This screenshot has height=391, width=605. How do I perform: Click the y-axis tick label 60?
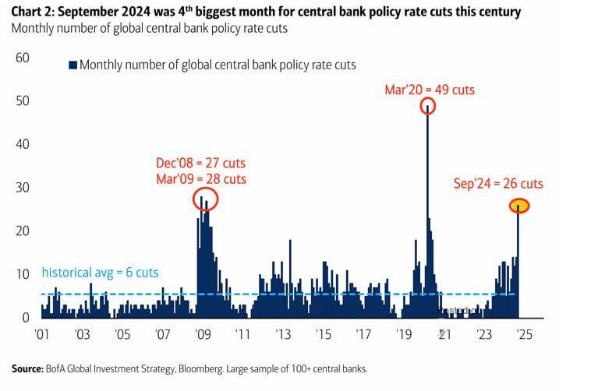pos(23,58)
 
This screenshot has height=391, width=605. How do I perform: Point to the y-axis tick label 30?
pos(23,188)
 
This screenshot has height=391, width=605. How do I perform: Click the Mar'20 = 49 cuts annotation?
pos(430,90)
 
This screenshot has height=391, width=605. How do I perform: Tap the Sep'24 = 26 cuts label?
pos(498,184)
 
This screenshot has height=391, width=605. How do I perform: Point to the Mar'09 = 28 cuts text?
pos(201,179)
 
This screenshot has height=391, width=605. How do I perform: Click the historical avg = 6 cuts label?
pos(100,273)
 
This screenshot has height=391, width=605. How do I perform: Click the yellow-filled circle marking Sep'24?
pos(520,206)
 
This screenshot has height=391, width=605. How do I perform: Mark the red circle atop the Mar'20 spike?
pos(427,107)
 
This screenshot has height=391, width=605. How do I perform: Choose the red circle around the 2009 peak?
pos(205,199)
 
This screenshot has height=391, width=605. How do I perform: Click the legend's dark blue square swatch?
pos(73,65)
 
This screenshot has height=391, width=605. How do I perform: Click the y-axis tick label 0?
pos(26,317)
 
